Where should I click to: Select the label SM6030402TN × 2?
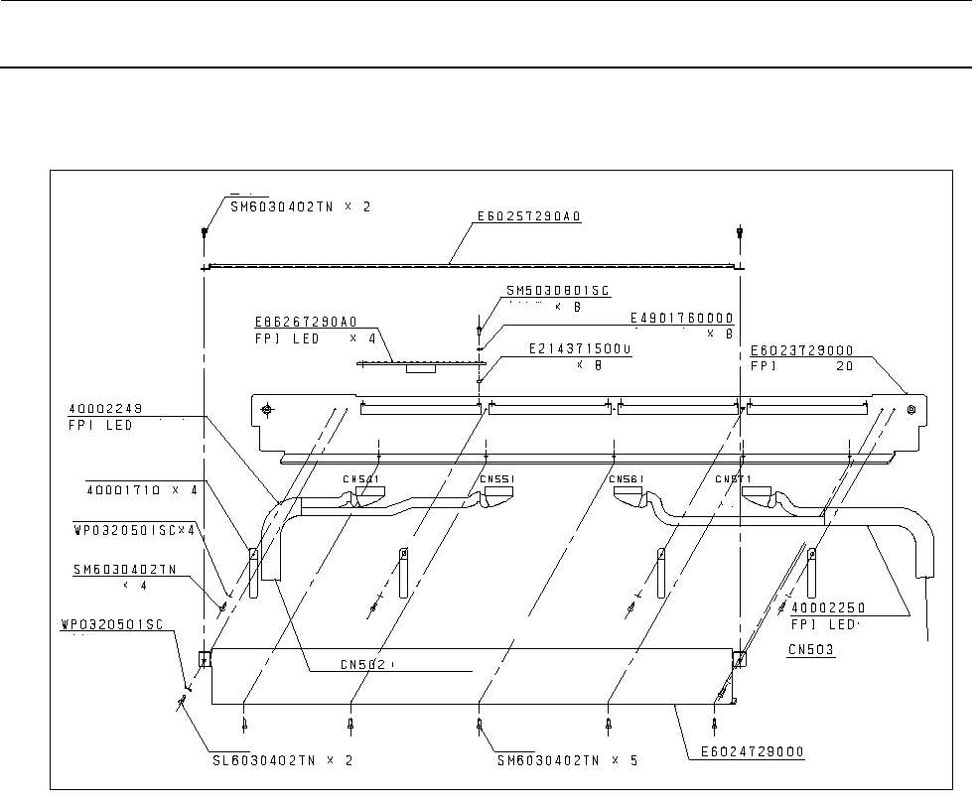coord(279,206)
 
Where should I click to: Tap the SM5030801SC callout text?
coord(557,291)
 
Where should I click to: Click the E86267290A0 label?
coord(305,322)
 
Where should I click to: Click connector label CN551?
coord(496,479)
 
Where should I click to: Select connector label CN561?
coord(628,479)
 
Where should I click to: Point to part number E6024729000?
coord(745,751)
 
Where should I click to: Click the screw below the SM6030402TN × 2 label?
coord(204,233)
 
